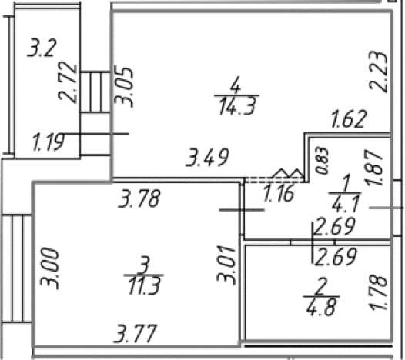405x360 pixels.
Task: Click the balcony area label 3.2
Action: (42, 48)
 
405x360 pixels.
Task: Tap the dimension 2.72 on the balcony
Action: (68, 82)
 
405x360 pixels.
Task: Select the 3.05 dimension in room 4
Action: (124, 87)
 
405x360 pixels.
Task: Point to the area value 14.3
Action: (237, 106)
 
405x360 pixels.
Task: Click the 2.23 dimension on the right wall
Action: (378, 72)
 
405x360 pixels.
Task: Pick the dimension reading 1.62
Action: (349, 119)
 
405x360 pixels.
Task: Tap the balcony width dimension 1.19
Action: (48, 142)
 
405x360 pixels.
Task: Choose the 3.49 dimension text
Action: (207, 157)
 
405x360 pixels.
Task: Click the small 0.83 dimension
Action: (322, 161)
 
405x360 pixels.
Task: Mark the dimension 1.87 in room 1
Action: (374, 168)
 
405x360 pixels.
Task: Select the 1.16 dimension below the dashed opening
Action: (279, 193)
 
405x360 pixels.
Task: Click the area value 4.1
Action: (346, 204)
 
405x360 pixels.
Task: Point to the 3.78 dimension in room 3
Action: (139, 198)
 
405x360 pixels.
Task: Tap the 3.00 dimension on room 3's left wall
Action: (49, 268)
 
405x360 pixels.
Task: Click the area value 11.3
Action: (145, 286)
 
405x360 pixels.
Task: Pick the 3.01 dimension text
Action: (226, 266)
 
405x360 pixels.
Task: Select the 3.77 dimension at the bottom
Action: (136, 333)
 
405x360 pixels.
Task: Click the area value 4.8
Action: (322, 307)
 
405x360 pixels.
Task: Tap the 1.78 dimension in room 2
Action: (378, 292)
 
